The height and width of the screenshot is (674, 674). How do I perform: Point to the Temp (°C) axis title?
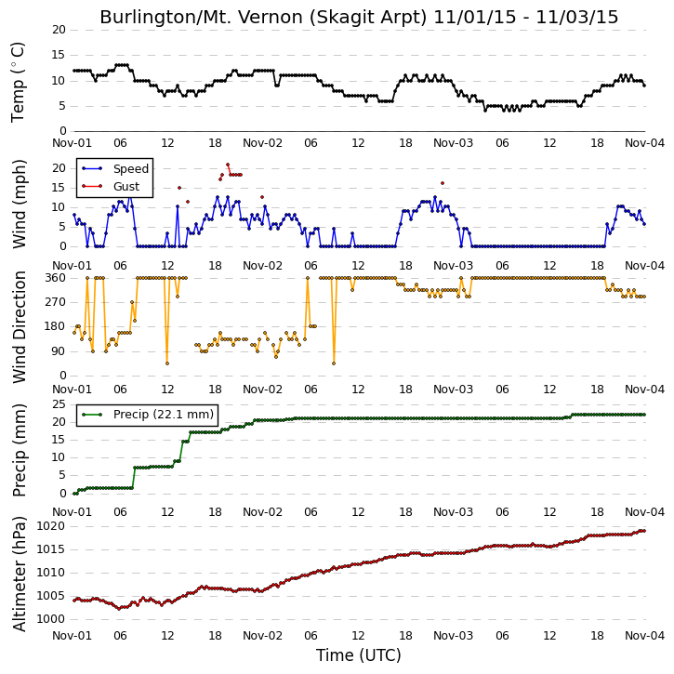pyautogui.click(x=18, y=82)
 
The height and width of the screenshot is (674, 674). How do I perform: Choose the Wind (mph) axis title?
pyautogui.click(x=19, y=204)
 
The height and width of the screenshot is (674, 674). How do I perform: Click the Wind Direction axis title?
pyautogui.click(x=19, y=327)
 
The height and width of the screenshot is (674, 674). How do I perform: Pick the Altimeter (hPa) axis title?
pyautogui.click(x=19, y=574)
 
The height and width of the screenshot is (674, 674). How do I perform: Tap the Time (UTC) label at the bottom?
pyautogui.click(x=359, y=655)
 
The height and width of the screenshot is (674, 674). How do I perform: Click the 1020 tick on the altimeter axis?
pyautogui.click(x=51, y=526)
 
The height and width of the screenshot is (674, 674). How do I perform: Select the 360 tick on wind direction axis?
pyautogui.click(x=56, y=278)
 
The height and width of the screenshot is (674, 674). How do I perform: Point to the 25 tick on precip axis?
pyautogui.click(x=59, y=404)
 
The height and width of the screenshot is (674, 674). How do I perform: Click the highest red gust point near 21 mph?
pyautogui.click(x=228, y=165)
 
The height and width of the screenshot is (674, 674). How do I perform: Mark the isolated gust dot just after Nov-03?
pyautogui.click(x=443, y=183)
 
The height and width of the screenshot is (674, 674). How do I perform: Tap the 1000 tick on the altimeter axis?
pyautogui.click(x=51, y=619)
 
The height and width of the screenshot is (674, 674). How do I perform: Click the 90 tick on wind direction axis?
pyautogui.click(x=59, y=351)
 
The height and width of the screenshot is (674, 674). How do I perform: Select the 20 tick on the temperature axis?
pyautogui.click(x=59, y=30)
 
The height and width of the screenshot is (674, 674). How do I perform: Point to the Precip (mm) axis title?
pyautogui.click(x=19, y=451)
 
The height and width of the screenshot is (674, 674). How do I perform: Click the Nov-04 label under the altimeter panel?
pyautogui.click(x=645, y=635)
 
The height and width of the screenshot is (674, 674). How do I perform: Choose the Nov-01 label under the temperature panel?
pyautogui.click(x=72, y=143)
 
